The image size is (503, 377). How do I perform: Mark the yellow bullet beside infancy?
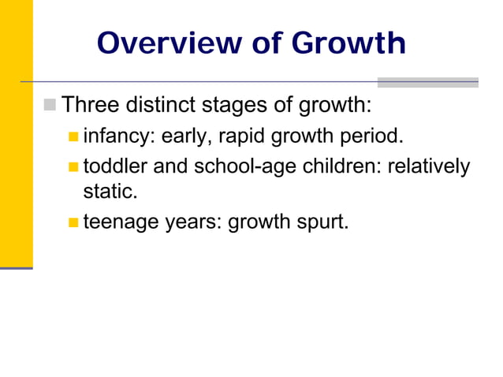point(73,137)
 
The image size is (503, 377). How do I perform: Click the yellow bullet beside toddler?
point(73,167)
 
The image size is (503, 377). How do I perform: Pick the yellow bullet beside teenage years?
point(73,223)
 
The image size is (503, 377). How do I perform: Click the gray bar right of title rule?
point(427,82)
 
